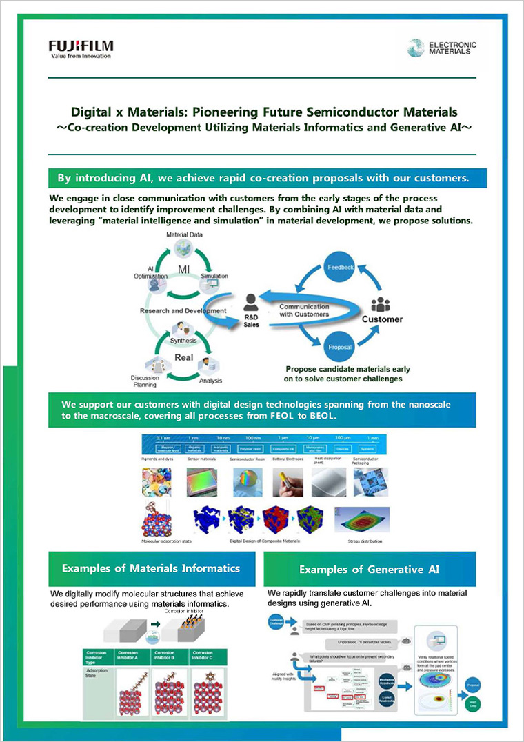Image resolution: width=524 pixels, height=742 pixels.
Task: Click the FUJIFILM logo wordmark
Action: (81, 46)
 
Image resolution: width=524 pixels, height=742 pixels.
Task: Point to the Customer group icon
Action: (381, 306)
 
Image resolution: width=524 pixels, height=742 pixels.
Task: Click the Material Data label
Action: (183, 236)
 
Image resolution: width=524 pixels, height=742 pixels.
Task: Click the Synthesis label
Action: (183, 340)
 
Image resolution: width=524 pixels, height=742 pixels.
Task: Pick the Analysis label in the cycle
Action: (210, 380)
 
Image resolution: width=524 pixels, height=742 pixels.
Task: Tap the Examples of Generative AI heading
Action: (369, 570)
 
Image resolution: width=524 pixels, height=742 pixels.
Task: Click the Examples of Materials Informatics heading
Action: (151, 568)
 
